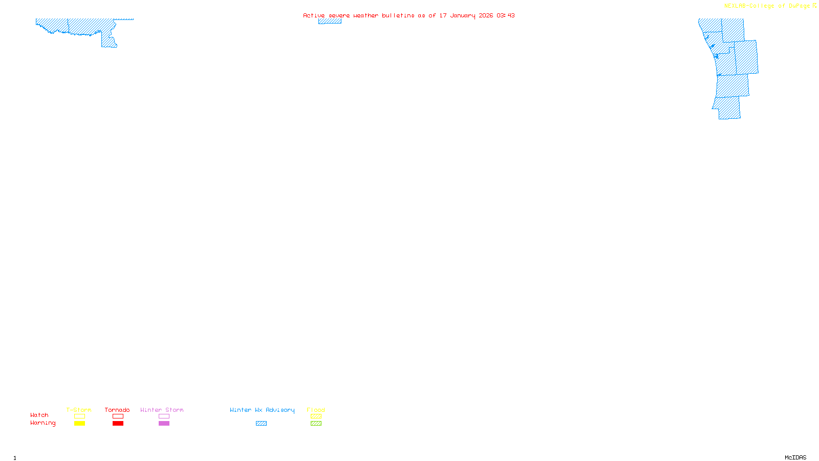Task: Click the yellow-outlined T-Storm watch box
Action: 79,416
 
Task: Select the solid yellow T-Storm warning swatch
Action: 79,424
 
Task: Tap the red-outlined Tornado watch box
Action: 118,416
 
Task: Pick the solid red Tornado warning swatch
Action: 118,424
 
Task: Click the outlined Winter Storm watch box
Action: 164,416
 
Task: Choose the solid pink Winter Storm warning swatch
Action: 164,424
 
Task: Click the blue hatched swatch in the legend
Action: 261,424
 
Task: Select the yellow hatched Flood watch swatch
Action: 316,416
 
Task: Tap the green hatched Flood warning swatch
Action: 316,424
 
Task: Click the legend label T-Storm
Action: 79,410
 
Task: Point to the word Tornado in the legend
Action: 117,410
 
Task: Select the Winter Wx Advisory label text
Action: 262,410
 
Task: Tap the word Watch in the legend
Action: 39,415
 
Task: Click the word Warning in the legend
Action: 43,423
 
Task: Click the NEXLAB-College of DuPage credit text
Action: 767,6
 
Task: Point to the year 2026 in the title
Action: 486,15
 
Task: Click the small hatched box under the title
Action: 330,21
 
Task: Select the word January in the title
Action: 462,15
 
